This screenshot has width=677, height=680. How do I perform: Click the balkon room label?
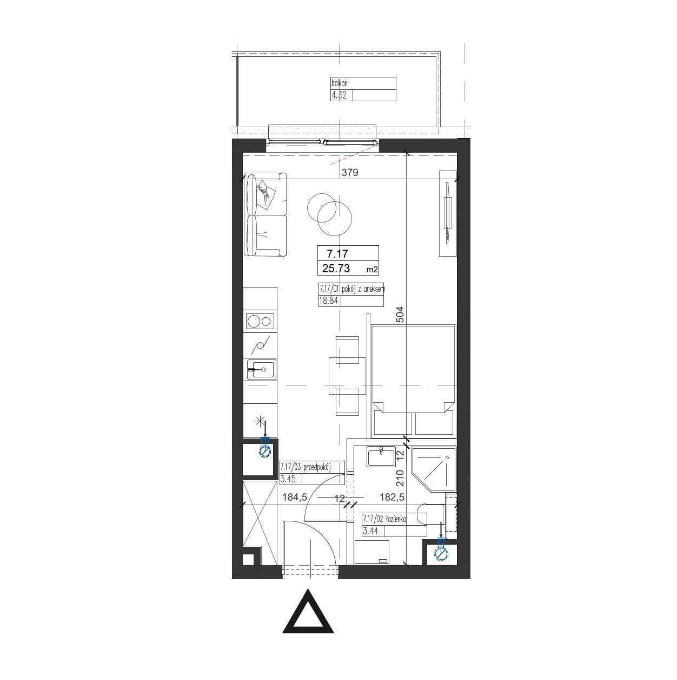click(339, 83)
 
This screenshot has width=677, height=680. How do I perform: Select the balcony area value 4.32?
click(339, 95)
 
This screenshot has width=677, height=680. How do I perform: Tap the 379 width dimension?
click(350, 172)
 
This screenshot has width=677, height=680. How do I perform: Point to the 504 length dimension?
click(400, 314)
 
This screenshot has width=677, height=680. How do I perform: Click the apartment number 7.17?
click(337, 253)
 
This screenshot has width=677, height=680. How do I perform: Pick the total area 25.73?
click(336, 268)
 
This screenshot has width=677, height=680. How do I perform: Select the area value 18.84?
click(328, 300)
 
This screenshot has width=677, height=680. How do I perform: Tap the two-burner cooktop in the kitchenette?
click(260, 321)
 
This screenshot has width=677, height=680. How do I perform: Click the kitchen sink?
click(261, 369)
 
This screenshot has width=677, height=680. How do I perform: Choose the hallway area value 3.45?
click(288, 479)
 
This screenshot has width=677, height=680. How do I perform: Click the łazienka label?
click(396, 519)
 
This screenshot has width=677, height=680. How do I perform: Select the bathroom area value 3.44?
click(370, 531)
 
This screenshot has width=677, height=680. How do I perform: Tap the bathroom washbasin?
click(381, 457)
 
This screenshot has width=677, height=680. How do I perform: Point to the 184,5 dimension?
click(295, 497)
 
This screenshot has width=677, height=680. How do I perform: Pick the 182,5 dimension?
click(392, 497)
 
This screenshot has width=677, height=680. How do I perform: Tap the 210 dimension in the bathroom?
click(400, 478)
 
